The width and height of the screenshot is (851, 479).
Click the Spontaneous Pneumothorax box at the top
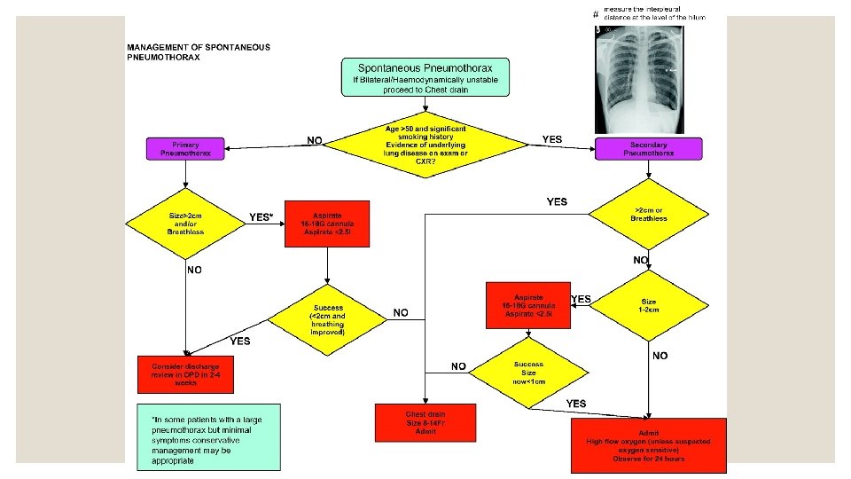click(x=425, y=77)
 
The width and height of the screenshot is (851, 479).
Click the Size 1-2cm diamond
click(x=651, y=308)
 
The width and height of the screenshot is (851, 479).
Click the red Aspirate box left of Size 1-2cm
click(x=528, y=305)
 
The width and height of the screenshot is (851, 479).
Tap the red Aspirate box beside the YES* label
click(x=327, y=224)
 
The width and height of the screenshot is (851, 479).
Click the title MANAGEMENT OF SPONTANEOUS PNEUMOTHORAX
click(x=199, y=51)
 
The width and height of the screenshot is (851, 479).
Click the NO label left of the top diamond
click(x=314, y=139)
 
